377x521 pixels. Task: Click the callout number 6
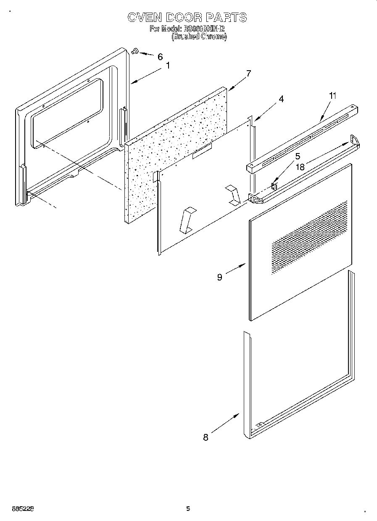tap(160, 57)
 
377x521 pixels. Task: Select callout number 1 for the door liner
tap(168, 66)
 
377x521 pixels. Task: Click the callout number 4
tap(281, 99)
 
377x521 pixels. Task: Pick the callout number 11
tap(332, 96)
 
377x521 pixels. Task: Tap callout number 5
tap(298, 156)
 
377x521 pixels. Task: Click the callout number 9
tap(220, 277)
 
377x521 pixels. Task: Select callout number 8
tap(206, 437)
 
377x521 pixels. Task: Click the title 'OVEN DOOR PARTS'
tap(187, 17)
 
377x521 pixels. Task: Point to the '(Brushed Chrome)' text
tap(199, 37)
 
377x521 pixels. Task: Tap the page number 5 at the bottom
tap(188, 509)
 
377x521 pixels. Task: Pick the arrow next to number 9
tap(236, 269)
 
